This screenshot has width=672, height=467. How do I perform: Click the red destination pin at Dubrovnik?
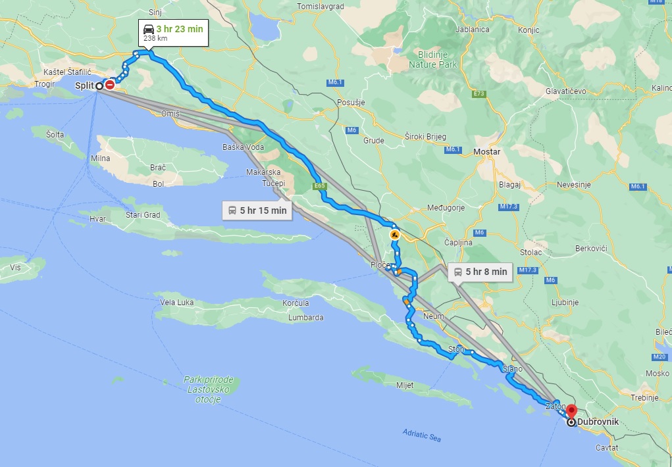click(571, 413)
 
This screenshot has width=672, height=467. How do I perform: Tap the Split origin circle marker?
click(99, 86)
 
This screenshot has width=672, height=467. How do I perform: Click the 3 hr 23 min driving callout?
click(173, 33)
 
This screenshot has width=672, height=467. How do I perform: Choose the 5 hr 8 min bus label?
click(480, 271)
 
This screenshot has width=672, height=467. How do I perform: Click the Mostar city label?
click(486, 152)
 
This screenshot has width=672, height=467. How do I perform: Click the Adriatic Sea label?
click(422, 435)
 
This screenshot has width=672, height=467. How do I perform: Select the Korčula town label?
click(296, 303)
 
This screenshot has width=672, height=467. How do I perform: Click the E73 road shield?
click(478, 94)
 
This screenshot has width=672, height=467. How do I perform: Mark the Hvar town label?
click(97, 219)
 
